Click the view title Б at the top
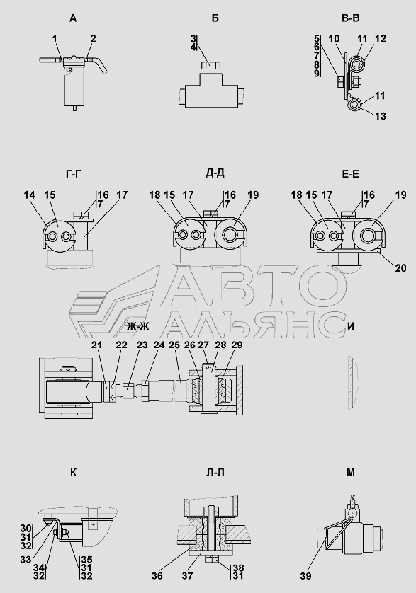215,18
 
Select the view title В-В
351,18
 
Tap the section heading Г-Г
74,174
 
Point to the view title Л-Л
215,473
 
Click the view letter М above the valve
351,473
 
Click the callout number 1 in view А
55,39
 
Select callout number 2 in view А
94,39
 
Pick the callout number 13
381,116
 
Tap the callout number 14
29,195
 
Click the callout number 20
400,268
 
